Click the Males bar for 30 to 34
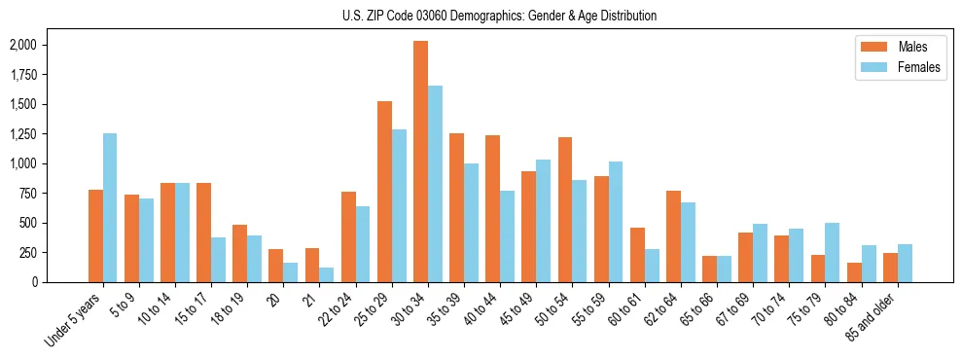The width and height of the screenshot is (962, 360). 420,162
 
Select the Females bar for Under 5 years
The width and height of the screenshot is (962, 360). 110,207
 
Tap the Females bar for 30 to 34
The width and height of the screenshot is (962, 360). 435,184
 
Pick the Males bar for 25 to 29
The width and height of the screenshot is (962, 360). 384,192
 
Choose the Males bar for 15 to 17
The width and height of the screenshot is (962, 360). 203,233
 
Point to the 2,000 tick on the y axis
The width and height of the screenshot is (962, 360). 21,45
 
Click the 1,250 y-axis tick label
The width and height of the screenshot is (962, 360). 21,133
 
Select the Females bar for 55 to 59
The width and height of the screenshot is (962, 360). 616,222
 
